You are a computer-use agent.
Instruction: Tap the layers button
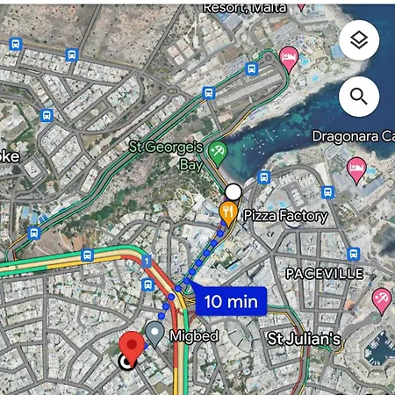pyautogui.click(x=359, y=40)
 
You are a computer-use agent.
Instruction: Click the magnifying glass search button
pyautogui.click(x=359, y=96)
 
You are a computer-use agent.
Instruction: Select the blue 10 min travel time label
pyautogui.click(x=230, y=301)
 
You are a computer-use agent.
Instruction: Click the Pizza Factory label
pyautogui.click(x=285, y=215)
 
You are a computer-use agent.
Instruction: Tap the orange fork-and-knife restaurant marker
pyautogui.click(x=228, y=211)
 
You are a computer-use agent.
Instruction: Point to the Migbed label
pyautogui.click(x=196, y=336)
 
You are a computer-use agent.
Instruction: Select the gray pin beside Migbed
pyautogui.click(x=154, y=332)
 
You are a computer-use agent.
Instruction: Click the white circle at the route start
pyautogui.click(x=233, y=191)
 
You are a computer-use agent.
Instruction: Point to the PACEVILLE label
pyautogui.click(x=324, y=274)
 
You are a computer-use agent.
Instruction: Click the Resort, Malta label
pyautogui.click(x=247, y=7)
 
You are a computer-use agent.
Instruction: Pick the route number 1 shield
pyautogui.click(x=147, y=260)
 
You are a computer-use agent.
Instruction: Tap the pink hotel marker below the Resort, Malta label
pyautogui.click(x=288, y=58)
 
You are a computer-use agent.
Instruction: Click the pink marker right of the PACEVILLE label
pyautogui.click(x=382, y=298)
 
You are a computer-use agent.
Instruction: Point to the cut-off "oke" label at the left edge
pyautogui.click(x=10, y=155)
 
